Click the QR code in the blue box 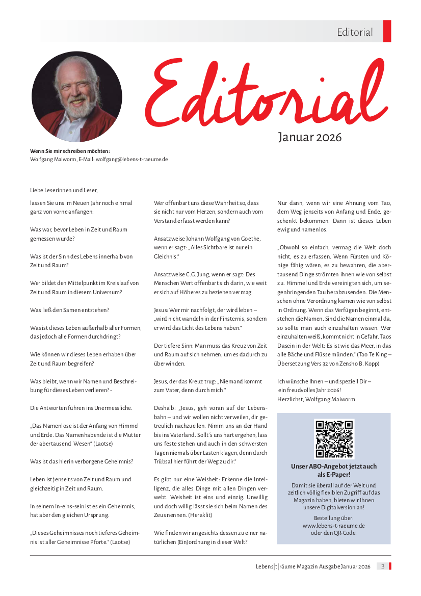(x=334, y=439)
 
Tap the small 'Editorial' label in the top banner (x=355, y=32)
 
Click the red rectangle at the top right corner (x=387, y=31)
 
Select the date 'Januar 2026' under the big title (x=309, y=137)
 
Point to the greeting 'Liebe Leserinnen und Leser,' (x=64, y=190)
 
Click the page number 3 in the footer (x=383, y=566)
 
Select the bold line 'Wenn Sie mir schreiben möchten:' (x=70, y=150)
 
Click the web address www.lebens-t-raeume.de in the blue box (x=333, y=525)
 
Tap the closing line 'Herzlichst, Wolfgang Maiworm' (x=316, y=399)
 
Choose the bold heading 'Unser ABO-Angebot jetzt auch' (x=334, y=467)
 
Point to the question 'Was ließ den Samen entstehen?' (x=70, y=310)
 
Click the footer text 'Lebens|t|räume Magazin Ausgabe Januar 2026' (x=313, y=566)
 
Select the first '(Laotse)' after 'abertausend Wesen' (x=103, y=444)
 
